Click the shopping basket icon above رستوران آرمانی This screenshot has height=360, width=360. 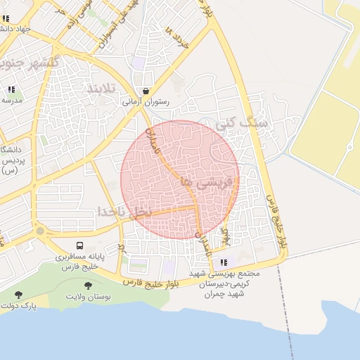[145, 91]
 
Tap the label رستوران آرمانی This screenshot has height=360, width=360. [146, 102]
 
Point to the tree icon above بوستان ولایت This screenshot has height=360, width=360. [88, 285]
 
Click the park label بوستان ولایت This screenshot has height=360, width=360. [89, 297]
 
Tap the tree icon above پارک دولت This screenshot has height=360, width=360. [18, 294]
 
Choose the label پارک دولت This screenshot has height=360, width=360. [19, 306]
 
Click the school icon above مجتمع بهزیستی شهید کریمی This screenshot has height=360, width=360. [224, 262]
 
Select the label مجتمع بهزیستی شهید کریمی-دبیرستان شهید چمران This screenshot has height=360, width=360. [225, 283]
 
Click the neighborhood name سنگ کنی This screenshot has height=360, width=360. [243, 123]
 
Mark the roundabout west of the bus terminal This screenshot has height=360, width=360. [40, 231]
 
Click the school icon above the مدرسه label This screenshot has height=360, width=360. [11, 89]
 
